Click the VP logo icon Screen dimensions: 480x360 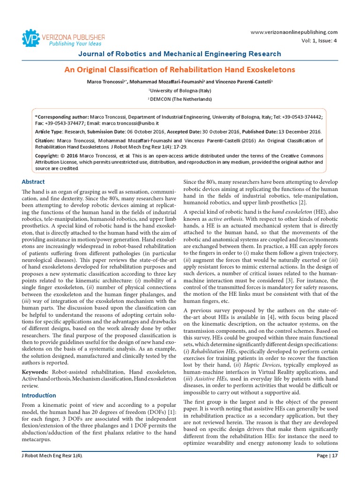click(31, 38)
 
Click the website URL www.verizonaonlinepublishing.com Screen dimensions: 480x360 click(294, 32)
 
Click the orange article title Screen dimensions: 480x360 click(180, 70)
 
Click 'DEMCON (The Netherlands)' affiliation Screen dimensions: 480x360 click(180, 99)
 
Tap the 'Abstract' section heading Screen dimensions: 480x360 click(33, 182)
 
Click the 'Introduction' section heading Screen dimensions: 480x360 click(39, 395)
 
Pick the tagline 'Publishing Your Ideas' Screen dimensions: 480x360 click(69, 44)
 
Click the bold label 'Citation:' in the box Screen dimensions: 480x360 click(45, 140)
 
